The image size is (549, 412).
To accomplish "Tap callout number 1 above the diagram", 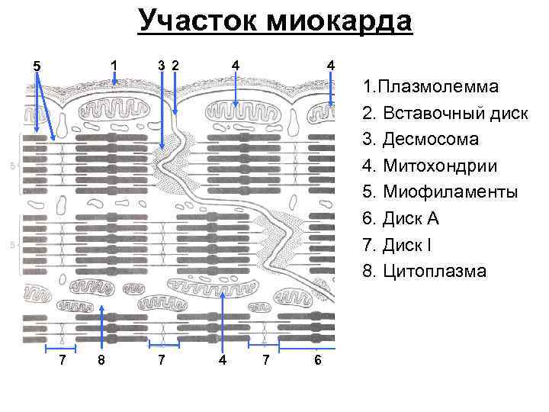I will [114, 66].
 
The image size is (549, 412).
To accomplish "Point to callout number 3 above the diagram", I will [160, 66].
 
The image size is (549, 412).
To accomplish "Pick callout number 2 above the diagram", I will [175, 66].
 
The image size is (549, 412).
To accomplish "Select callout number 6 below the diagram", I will [317, 359].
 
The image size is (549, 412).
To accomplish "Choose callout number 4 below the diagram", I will [222, 359].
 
